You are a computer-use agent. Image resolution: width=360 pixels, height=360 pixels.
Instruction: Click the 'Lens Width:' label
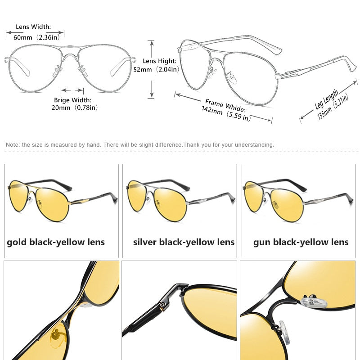33,27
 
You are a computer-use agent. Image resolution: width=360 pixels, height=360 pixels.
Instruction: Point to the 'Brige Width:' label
72,100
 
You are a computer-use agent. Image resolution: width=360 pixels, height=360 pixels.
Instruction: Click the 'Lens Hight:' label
160,61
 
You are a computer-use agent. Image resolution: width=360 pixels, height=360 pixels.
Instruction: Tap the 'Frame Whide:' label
225,105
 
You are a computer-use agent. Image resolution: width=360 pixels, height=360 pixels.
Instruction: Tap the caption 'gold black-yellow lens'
56,243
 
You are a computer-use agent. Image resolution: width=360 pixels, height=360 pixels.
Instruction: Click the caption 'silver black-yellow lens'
184,243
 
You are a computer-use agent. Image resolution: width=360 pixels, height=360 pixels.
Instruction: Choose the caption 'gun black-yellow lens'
301,243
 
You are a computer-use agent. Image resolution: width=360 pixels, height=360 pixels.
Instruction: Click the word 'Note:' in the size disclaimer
13,145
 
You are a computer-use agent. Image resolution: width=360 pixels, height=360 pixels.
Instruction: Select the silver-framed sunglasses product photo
181,201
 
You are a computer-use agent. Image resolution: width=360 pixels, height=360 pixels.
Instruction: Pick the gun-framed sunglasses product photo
298,201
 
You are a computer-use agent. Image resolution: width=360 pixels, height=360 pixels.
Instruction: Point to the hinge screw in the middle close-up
163,305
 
